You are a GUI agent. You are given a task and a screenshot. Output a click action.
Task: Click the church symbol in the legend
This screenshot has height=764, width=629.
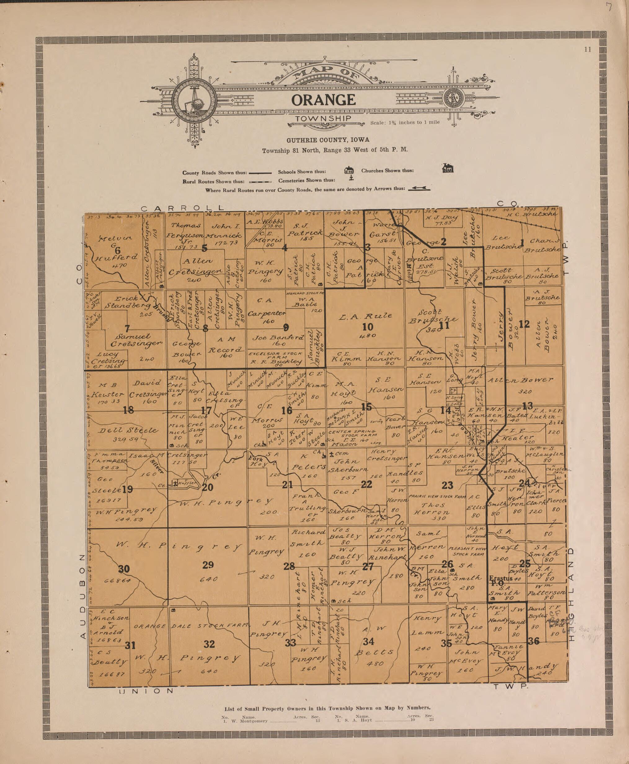pyautogui.click(x=448, y=168)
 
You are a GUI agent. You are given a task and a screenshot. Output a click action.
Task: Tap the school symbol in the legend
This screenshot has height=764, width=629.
pyautogui.click(x=348, y=170)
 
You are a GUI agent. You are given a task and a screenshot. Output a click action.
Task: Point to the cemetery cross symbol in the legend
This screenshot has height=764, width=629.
pyautogui.click(x=351, y=178)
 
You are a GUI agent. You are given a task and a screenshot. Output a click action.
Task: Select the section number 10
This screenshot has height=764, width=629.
pyautogui.click(x=368, y=327)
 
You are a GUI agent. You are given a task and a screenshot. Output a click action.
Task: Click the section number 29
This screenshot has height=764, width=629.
pyautogui.click(x=208, y=565)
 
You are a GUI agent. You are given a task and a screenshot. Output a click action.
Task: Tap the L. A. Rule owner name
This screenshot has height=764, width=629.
pyautogui.click(x=365, y=316)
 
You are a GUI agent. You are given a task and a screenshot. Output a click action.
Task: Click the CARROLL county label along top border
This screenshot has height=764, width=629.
pyautogui.click(x=182, y=208)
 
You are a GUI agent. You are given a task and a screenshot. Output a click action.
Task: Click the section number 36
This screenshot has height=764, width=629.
pyautogui.click(x=534, y=641)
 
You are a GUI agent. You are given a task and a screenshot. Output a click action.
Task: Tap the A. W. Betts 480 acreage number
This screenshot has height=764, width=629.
pyautogui.click(x=375, y=663)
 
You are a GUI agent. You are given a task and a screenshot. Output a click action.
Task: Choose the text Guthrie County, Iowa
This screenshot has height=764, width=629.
pyautogui.click(x=328, y=140)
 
